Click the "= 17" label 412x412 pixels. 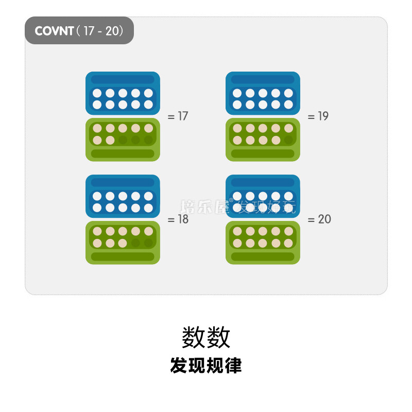click(x=178, y=116)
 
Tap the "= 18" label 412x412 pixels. click(x=178, y=219)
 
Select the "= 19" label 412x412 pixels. click(x=318, y=116)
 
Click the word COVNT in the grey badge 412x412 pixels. click(x=54, y=31)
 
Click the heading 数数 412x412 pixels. click(x=206, y=338)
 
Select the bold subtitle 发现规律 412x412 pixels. click(x=206, y=366)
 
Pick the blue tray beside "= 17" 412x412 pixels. click(x=123, y=93)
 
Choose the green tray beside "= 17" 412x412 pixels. click(x=123, y=140)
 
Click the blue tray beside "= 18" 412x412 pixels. click(x=123, y=196)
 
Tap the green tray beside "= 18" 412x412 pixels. click(x=123, y=243)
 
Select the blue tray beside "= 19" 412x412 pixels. click(x=263, y=93)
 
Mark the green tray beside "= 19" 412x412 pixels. click(x=263, y=140)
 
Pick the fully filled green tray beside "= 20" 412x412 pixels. click(x=263, y=243)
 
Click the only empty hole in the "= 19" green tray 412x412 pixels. click(x=288, y=140)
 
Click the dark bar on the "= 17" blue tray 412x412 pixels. click(x=123, y=79)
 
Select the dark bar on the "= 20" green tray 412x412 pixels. click(x=263, y=256)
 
